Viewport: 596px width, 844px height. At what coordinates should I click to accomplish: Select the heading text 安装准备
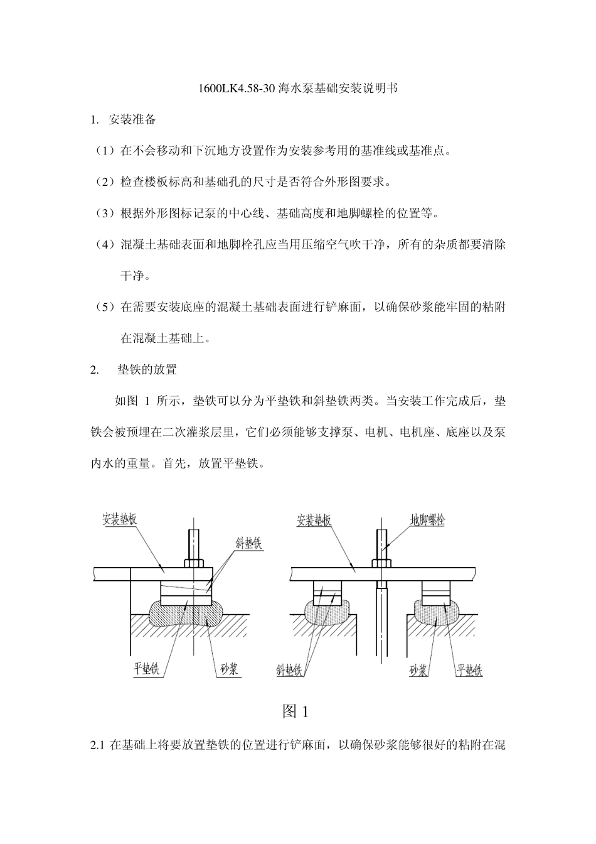click(132, 120)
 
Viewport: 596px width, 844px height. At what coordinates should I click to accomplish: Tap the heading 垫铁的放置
click(147, 370)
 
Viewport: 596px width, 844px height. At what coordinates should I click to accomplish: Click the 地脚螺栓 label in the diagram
click(427, 521)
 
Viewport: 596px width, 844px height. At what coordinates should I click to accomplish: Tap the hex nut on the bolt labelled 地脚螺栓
click(381, 563)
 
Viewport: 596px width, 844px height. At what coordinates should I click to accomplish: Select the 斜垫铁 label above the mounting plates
click(248, 543)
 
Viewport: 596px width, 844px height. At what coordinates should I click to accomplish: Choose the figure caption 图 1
click(295, 711)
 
